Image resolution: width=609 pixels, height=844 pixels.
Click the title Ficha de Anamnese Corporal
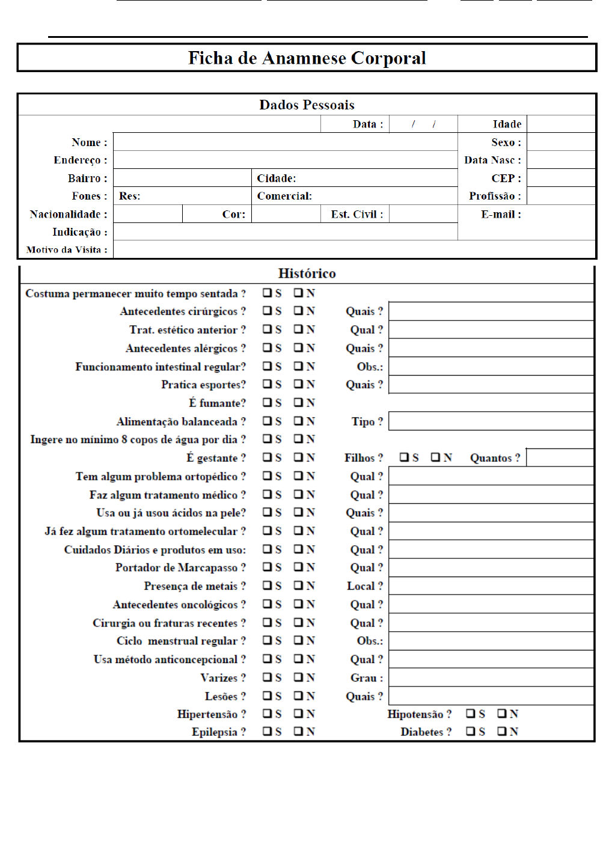tap(307, 58)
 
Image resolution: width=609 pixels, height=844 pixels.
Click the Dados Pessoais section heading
tap(307, 105)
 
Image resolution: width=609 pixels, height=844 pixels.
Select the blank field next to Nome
tap(285, 142)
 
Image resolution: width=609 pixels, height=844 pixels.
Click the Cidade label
tap(277, 178)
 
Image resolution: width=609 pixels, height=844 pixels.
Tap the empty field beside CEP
tap(560, 178)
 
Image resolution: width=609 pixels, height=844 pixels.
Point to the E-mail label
tap(501, 214)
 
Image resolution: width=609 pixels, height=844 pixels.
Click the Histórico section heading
tap(307, 274)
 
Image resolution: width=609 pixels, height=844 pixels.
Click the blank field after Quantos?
tap(560, 457)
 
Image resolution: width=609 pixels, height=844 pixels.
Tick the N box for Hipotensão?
tap(502, 714)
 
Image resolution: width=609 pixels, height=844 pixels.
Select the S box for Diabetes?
tap(471, 732)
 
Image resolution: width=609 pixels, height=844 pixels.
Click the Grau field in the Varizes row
tap(491, 677)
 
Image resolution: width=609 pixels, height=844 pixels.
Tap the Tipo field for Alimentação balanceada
tap(491, 421)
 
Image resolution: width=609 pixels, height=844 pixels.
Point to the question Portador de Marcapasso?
tap(180, 567)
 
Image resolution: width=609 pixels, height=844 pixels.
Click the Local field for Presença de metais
tap(491, 586)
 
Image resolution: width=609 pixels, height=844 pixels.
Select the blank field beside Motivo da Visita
tap(354, 249)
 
